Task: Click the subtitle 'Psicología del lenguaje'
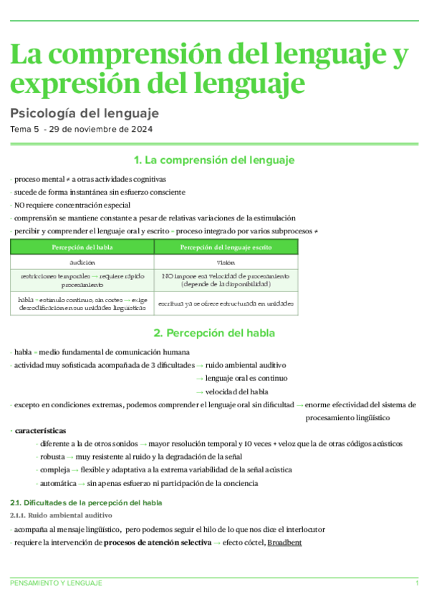point(85,113)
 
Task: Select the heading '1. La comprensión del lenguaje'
point(214,160)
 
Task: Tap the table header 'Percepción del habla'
point(82,247)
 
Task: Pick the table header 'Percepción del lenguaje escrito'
point(226,247)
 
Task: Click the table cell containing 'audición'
point(82,263)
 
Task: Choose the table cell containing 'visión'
point(226,263)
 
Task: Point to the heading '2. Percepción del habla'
point(214,333)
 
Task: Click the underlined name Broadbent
point(284,543)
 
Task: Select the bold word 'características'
point(41,431)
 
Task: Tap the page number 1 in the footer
point(417,584)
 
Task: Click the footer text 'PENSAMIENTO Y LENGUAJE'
point(56,584)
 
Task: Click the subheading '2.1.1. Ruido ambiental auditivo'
point(62,515)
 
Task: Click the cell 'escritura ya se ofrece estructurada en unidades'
point(226,303)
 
